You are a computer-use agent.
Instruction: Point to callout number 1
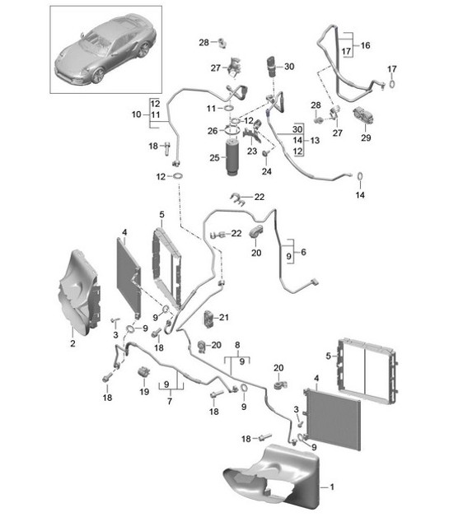coord(333,487)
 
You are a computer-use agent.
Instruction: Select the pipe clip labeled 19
coord(145,375)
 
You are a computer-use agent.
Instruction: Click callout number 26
coord(212,131)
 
